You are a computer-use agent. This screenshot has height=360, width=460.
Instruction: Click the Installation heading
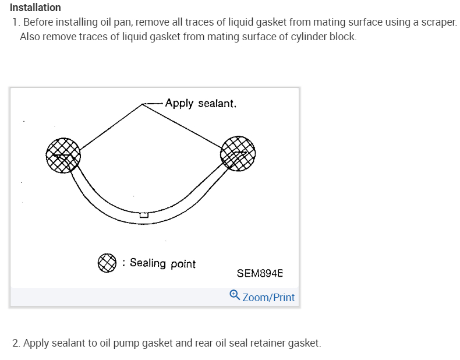36,8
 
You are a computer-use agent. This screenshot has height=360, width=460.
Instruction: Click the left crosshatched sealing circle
63,155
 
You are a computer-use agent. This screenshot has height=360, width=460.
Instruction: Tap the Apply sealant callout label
200,103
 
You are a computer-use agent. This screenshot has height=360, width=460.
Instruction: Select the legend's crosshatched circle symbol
107,263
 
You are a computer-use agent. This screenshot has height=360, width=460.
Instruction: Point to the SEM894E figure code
260,273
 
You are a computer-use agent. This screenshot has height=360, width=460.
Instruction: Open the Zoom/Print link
268,298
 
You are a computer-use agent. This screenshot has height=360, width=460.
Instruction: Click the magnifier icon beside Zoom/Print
235,295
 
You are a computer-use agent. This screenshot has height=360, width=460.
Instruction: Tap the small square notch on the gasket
144,215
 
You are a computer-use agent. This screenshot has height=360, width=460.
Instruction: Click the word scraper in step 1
438,23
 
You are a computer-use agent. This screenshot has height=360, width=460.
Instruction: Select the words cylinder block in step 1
323,37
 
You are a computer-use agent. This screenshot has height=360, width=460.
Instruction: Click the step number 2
16,343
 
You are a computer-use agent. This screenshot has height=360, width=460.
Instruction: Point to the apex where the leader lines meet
143,104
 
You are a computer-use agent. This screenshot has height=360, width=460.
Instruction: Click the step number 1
15,23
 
